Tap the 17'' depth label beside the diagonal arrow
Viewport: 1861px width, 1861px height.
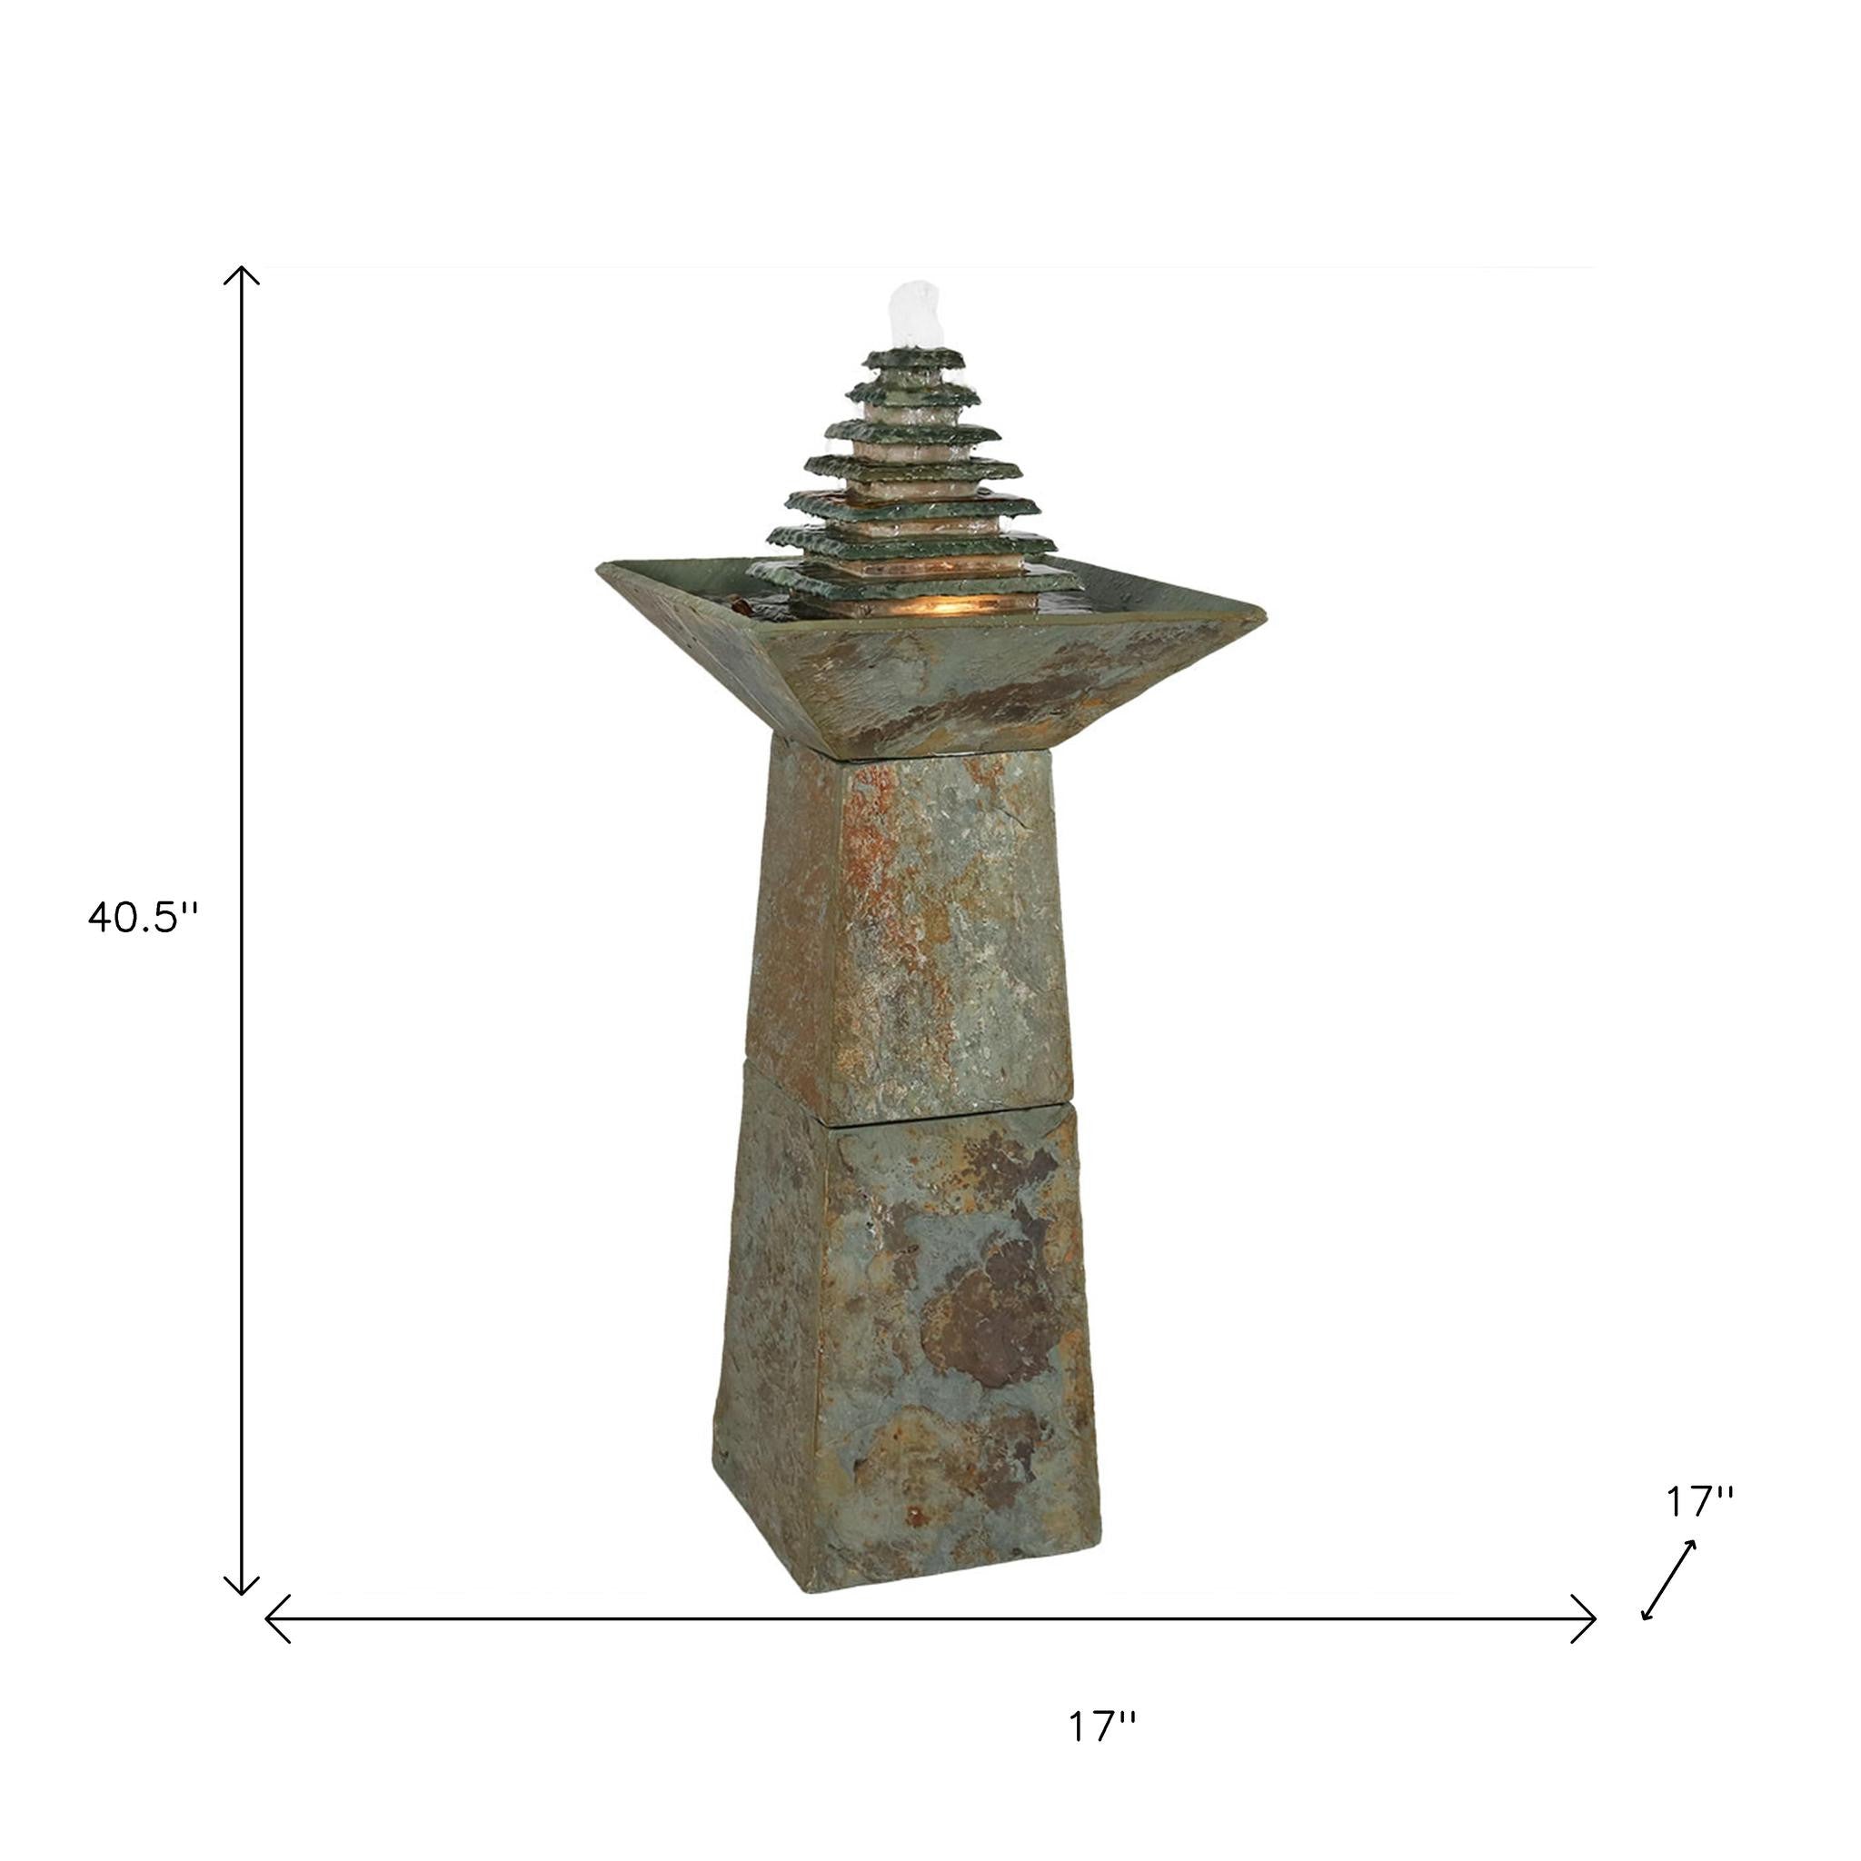1700,1528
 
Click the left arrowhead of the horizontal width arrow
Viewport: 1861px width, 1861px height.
276,1618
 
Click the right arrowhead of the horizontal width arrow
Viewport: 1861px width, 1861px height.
1585,1618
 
